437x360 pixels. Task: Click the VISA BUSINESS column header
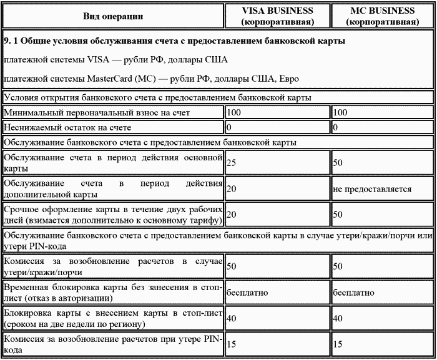277,16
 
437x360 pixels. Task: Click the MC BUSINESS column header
382,16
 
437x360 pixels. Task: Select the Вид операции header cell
113,16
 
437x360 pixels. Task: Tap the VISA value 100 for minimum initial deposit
233,113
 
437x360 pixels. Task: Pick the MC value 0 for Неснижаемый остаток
335,127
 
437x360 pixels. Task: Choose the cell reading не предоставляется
372,188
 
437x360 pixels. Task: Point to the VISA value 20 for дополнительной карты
232,188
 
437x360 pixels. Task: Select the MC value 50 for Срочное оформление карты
338,214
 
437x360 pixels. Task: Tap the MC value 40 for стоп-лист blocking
338,318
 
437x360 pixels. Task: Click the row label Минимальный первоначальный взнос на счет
96,113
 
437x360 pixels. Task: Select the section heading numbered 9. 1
175,41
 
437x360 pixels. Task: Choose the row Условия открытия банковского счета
157,97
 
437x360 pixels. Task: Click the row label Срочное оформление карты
113,214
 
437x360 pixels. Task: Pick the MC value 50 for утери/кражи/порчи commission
338,265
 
